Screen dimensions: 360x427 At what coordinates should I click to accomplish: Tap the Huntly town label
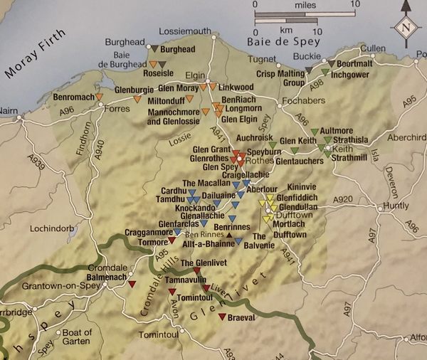396,207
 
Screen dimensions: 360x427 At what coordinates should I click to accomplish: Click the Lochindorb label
50,230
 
